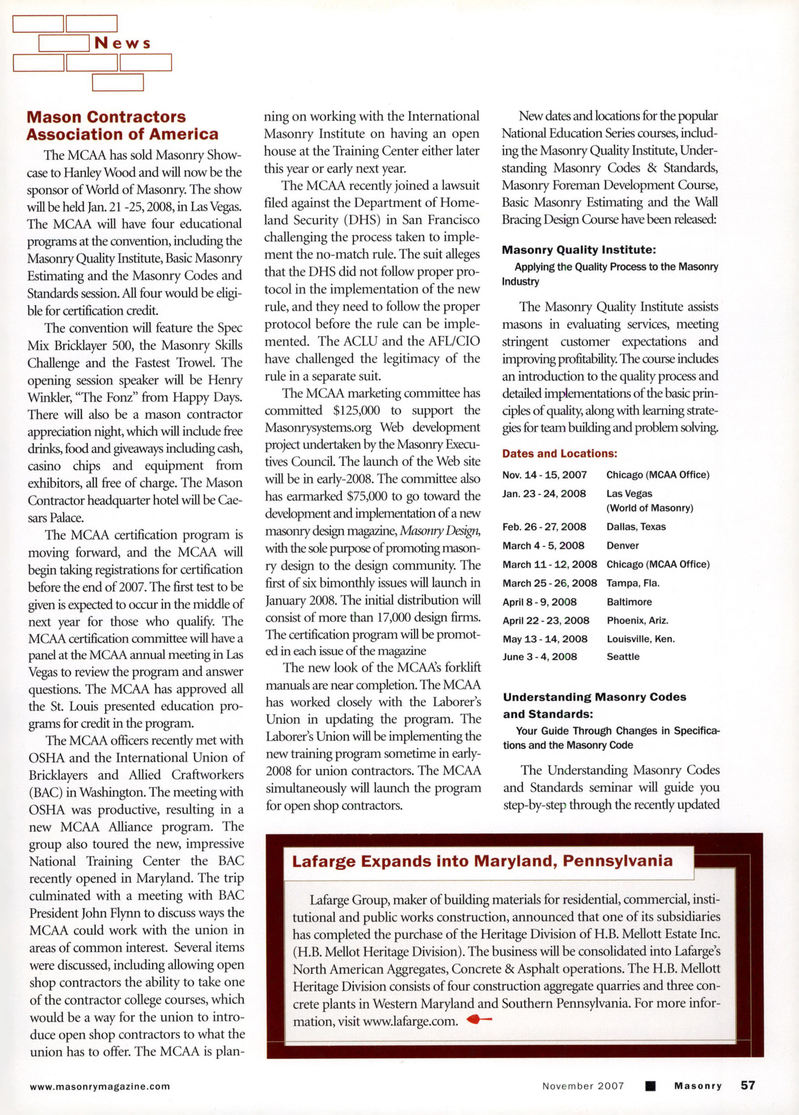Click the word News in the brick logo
click(122, 43)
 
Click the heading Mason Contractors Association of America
click(122, 126)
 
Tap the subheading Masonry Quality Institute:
click(579, 250)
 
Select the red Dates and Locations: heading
click(560, 454)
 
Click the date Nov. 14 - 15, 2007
click(544, 475)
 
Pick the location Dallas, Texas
click(636, 527)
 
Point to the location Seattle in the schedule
click(623, 657)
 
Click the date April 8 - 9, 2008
click(539, 602)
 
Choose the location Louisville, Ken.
click(641, 639)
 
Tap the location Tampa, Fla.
click(633, 583)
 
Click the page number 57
click(748, 1085)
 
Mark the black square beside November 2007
click(650, 1086)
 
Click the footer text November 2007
click(583, 1086)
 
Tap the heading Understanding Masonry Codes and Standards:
click(594, 705)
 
